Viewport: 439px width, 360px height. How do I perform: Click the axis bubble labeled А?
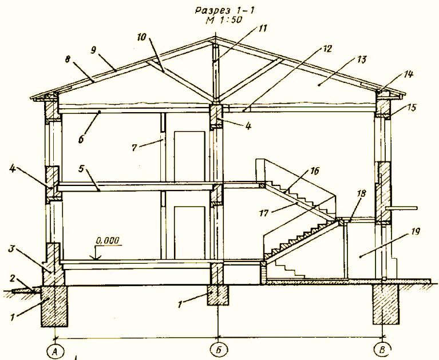[x=55, y=351]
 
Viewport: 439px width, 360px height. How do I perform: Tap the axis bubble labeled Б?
[x=219, y=349]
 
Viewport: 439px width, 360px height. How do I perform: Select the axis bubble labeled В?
[x=383, y=349]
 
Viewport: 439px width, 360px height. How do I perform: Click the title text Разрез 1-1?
[x=225, y=11]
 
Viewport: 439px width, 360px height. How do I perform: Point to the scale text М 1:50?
[x=224, y=20]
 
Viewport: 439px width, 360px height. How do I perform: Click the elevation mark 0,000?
[x=108, y=240]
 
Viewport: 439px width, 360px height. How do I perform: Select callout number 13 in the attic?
[x=361, y=60]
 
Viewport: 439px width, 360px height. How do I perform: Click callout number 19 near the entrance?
[x=415, y=232]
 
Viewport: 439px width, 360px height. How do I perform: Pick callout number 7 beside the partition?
[x=135, y=148]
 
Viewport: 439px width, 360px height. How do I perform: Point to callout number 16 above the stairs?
[x=314, y=171]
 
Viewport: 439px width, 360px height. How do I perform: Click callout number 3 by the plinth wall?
[x=11, y=249]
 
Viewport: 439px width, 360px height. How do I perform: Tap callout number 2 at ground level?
[x=13, y=278]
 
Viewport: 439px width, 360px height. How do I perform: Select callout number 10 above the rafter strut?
[x=142, y=37]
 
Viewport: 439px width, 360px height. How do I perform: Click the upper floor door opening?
[x=189, y=156]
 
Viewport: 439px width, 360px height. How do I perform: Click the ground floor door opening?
[x=189, y=232]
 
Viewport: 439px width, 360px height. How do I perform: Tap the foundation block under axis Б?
[x=218, y=295]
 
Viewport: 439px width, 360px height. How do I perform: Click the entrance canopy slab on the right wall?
[x=402, y=208]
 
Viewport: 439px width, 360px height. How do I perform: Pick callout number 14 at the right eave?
[x=408, y=74]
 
